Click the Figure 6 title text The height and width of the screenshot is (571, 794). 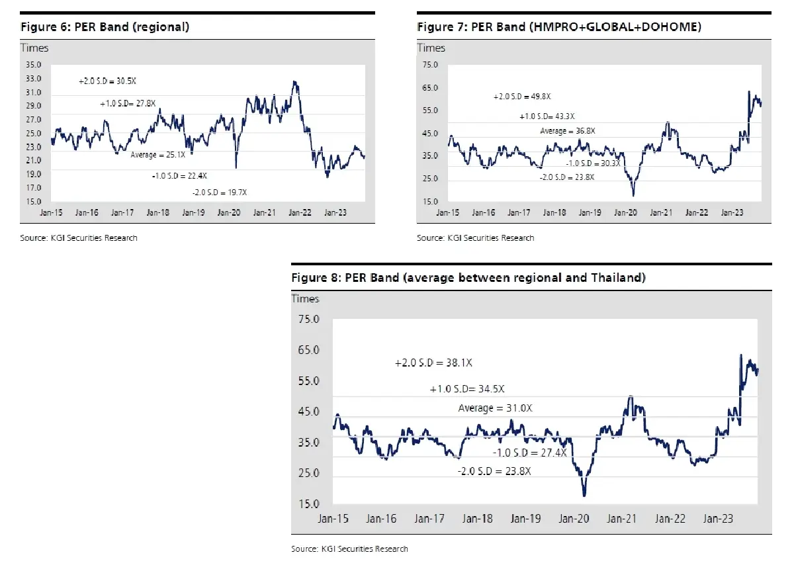105,27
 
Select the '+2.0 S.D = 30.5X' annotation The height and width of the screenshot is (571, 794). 107,81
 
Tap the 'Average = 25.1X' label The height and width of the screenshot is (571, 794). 157,155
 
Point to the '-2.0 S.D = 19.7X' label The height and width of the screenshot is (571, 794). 220,193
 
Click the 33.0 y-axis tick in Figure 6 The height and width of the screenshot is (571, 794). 33,78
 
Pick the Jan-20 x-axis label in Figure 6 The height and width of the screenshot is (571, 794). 229,212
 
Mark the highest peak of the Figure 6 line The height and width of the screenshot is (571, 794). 294,82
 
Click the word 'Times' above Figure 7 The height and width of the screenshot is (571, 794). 431,48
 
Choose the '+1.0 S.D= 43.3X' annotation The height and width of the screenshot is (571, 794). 547,116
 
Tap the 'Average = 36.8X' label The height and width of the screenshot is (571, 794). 568,131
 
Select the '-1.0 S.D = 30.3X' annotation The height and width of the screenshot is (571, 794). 593,163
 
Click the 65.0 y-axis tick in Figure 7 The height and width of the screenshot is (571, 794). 430,87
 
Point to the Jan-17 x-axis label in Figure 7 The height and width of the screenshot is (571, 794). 519,212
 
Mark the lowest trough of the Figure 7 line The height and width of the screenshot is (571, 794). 633,195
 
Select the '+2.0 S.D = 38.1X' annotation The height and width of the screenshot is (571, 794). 433,363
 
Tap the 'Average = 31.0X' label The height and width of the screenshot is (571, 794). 495,408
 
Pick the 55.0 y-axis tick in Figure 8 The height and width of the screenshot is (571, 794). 309,381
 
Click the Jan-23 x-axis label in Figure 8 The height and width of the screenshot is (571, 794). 718,519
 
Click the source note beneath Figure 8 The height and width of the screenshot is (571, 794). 349,549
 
